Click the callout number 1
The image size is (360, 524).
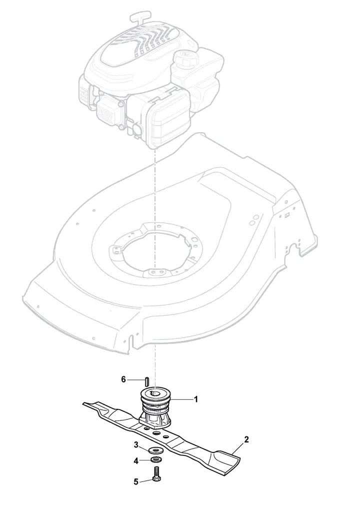point(196,399)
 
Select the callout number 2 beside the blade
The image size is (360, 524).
point(246,439)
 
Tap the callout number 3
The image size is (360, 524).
point(136,445)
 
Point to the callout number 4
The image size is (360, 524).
point(136,461)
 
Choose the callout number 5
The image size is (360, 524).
point(136,482)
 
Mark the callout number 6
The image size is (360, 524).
point(123,380)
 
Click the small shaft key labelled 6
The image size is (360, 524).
point(147,381)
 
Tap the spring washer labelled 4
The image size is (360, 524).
point(155,460)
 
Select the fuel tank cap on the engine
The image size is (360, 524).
point(184,59)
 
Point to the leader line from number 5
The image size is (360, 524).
point(146,480)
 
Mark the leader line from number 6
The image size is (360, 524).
point(136,380)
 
